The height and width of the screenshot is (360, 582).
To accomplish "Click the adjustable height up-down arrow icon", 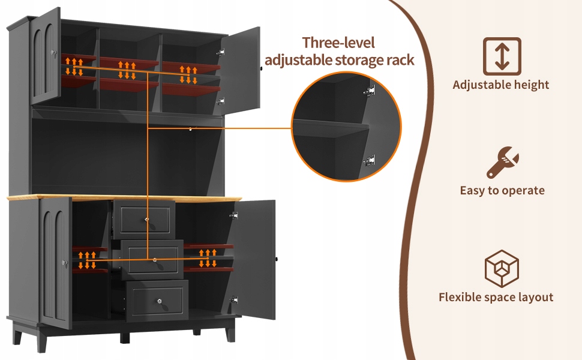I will point(502,56).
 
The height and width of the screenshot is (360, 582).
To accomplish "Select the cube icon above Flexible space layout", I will point(502,268).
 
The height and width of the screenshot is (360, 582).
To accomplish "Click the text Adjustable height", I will point(501,85).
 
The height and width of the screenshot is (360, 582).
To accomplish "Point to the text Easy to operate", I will point(502,191).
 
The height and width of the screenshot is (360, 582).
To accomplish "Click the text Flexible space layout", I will point(496,297).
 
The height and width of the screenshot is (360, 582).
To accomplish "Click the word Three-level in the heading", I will point(338,43).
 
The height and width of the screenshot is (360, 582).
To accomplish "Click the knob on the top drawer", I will point(146,219).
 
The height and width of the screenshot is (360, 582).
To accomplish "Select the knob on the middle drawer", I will point(154,260).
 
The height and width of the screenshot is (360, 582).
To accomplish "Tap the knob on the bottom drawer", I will point(160,300).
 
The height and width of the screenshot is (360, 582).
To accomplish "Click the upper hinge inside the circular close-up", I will point(370,91).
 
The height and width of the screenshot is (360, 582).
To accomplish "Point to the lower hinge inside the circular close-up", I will point(370,160).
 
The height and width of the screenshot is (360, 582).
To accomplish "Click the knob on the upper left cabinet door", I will point(53,54).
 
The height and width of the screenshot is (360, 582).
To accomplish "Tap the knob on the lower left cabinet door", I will point(63,262).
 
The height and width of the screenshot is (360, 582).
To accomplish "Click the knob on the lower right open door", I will point(277,259).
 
